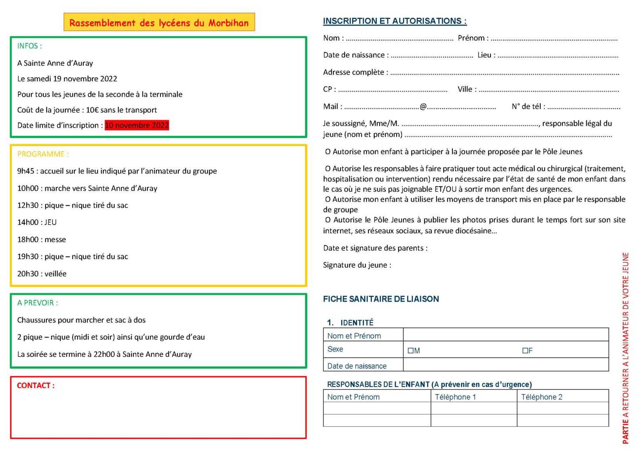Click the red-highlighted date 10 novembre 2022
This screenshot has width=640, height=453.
[137, 125]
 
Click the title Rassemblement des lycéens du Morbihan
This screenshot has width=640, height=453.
[159, 23]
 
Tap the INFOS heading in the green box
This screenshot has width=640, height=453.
[29, 46]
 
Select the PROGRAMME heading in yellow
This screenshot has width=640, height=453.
[42, 154]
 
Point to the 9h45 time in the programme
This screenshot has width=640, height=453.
[25, 171]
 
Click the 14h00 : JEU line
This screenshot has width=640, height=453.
[37, 222]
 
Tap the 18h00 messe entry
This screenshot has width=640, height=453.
[41, 239]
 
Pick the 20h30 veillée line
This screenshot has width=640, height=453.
[42, 274]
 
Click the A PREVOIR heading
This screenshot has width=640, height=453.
[37, 303]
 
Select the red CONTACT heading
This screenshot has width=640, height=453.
[35, 385]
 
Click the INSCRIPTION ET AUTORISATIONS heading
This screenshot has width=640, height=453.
[395, 21]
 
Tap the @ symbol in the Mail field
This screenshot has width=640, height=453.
[423, 106]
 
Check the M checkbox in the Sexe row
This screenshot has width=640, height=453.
[411, 351]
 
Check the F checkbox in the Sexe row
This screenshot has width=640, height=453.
[525, 351]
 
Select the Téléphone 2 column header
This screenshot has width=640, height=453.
[541, 397]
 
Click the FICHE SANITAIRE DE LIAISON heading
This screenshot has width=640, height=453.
[381, 299]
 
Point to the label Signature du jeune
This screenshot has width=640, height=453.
[357, 265]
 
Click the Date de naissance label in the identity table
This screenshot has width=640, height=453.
[357, 366]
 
